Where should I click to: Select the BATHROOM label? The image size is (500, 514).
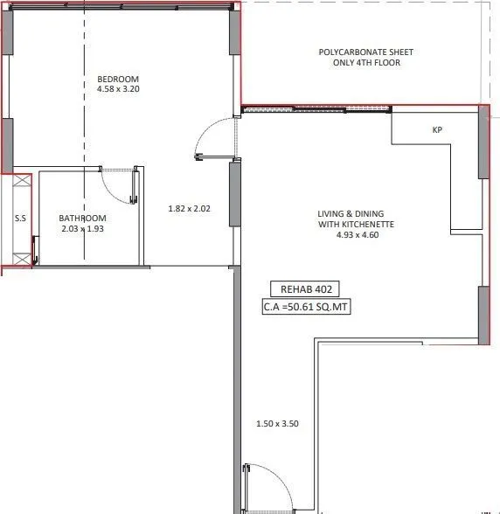(83, 218)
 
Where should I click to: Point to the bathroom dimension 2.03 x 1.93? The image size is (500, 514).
(83, 228)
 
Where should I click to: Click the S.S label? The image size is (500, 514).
(19, 219)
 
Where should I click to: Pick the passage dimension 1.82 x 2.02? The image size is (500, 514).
(190, 209)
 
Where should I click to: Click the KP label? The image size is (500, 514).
(438, 130)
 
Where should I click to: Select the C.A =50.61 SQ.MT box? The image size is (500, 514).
(306, 307)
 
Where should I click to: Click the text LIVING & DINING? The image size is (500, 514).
(356, 213)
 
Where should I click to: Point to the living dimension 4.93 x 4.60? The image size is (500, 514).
(356, 235)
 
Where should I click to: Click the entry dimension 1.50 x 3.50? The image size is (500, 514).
(278, 424)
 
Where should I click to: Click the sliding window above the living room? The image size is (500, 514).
(316, 110)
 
